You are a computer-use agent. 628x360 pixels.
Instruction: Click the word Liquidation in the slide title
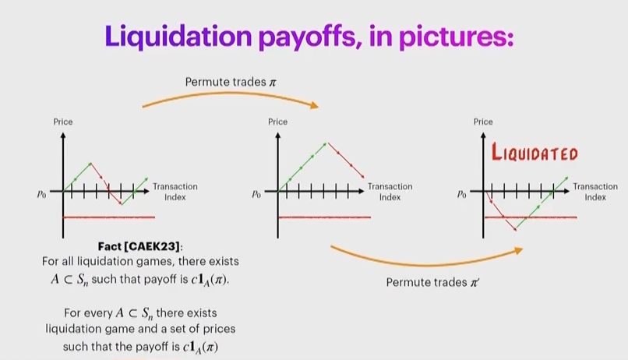(178, 37)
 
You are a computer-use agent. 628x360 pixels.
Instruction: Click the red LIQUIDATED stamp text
(535, 152)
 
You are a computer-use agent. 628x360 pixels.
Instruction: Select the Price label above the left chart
(63, 122)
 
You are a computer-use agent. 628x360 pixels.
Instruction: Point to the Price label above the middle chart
(278, 122)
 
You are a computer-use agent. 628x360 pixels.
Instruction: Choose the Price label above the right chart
(483, 122)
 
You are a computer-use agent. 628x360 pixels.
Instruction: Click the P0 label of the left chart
(41, 195)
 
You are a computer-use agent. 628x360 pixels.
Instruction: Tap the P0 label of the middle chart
(256, 195)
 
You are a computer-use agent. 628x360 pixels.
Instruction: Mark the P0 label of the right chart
(462, 195)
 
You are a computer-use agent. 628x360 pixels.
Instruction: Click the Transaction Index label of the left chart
(175, 192)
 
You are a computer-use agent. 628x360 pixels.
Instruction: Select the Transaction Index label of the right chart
(595, 192)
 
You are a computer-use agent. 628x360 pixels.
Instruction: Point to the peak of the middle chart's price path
(326, 143)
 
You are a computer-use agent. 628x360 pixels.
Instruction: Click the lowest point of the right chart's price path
(516, 230)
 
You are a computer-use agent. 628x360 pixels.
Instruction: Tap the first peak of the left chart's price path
(91, 163)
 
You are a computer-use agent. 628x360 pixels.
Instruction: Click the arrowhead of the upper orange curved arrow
(315, 105)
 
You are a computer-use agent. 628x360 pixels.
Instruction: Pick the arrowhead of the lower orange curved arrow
(519, 250)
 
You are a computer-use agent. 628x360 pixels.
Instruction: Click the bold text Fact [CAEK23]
(139, 246)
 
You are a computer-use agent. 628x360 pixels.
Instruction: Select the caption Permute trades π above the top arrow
(231, 82)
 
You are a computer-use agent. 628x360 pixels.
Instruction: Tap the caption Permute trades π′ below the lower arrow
(432, 282)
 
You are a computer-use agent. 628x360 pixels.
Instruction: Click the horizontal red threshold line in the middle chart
(324, 217)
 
